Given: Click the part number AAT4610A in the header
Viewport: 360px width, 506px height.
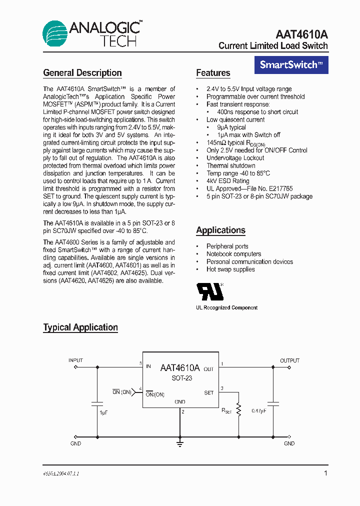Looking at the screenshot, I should tap(301, 34).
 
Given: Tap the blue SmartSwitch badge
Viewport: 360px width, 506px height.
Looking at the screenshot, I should tap(291, 64).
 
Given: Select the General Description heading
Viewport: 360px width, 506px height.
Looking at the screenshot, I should tap(82, 73).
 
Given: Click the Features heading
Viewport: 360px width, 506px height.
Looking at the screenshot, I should tap(213, 73).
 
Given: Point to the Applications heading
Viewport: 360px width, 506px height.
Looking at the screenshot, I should tap(220, 230).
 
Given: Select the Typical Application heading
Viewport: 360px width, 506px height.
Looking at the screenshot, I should tap(80, 327).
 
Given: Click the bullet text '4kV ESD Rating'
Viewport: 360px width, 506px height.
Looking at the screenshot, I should tap(228, 181).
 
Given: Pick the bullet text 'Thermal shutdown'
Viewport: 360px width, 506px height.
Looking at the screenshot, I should tap(231, 165).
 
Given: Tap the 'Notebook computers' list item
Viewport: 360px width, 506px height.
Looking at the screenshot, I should tap(233, 254).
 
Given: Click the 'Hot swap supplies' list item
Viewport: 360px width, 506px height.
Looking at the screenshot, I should tap(230, 269).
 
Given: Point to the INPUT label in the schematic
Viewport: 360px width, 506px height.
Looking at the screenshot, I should tap(75, 360).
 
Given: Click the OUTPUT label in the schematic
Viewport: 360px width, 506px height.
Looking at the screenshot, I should tap(289, 360).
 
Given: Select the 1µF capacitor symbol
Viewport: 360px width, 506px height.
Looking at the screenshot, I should tap(97, 402).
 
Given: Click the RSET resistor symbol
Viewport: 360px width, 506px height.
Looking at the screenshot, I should tap(238, 410).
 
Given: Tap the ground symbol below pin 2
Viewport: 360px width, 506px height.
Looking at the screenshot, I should tap(179, 443).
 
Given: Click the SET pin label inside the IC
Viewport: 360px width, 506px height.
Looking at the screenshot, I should tap(208, 393).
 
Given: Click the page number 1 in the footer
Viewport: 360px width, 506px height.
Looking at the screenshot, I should tap(325, 473).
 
